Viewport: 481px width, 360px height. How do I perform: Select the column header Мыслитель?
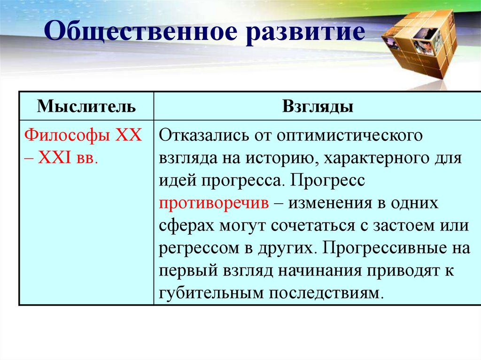point(86,107)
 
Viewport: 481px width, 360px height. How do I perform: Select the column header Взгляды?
point(318,107)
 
